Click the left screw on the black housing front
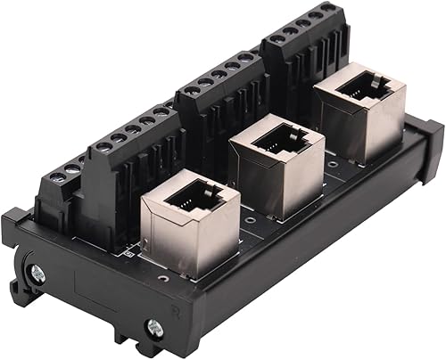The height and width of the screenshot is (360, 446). tap(37, 274)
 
